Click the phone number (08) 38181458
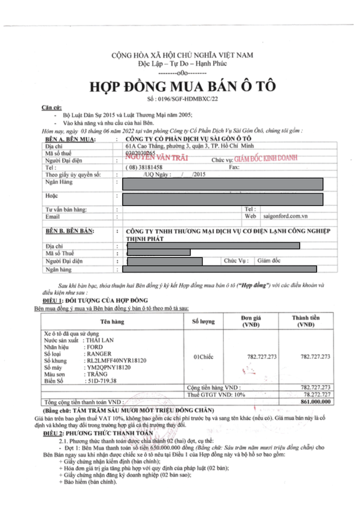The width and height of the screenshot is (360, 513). [145, 167]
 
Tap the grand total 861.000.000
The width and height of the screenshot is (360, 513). [314, 402]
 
